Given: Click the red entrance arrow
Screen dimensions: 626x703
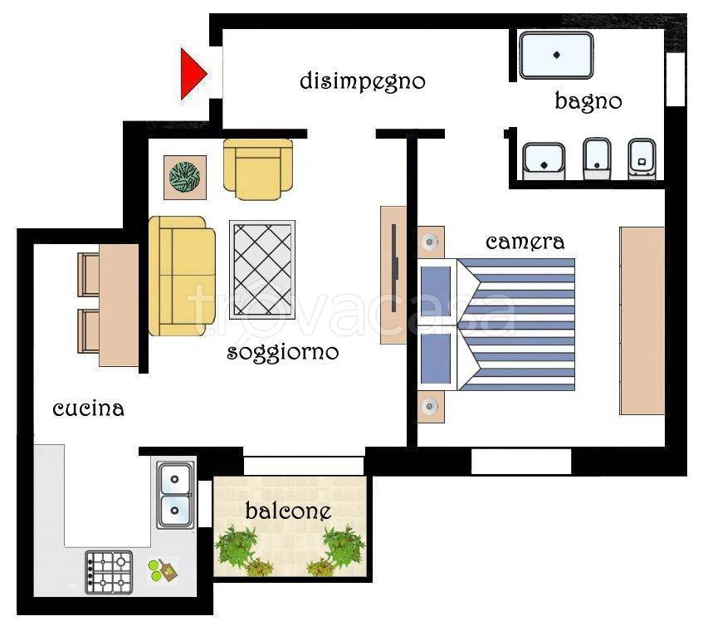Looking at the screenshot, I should click(193, 74).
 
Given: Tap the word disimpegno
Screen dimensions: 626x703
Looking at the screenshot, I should click(362, 81).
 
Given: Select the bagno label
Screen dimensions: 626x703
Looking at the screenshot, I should click(588, 101).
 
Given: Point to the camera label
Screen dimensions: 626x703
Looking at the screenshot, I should click(525, 242).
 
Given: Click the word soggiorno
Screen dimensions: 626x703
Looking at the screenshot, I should click(283, 352).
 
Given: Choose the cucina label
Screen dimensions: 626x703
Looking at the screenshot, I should click(88, 408).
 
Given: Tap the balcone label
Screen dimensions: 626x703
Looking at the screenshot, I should click(288, 511).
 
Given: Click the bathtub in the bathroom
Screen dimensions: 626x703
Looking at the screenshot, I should click(556, 55).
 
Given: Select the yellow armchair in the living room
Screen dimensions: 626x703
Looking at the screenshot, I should click(258, 169).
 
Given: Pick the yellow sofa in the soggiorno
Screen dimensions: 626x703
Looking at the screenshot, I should click(178, 275).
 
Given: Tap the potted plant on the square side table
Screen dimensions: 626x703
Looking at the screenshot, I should click(183, 176).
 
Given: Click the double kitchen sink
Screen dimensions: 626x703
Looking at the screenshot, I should click(175, 495).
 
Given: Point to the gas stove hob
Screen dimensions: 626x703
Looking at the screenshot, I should click(109, 572).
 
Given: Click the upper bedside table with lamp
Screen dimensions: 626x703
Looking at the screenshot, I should click(430, 242).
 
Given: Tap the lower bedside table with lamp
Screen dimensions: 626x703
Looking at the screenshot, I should click(430, 406).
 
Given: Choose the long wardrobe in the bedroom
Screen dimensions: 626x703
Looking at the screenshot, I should click(642, 320).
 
